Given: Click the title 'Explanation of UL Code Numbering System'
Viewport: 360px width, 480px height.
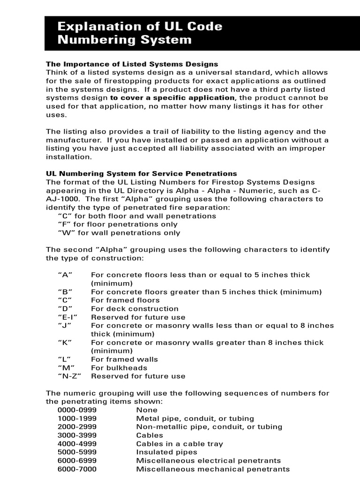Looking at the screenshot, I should pos(140,33).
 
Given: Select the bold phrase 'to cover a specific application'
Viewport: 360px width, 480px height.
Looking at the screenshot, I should pos(172,98).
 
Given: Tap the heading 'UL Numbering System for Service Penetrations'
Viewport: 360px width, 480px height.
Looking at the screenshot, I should pos(141,174).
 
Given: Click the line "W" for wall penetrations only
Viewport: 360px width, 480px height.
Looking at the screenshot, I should pos(119,233).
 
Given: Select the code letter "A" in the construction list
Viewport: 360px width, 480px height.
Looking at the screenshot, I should pos(65,275).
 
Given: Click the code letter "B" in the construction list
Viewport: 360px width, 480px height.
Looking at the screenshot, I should pos(65,292).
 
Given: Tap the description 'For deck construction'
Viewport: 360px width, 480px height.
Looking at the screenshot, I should pos(135,309).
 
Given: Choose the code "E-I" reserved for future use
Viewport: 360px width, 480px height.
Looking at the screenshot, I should pos(67,317).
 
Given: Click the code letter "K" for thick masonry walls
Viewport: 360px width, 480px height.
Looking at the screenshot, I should pos(65,343).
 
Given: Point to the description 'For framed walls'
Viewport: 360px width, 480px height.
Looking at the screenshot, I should pos(124,360).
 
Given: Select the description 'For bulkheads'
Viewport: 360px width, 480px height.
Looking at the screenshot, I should pos(117,368).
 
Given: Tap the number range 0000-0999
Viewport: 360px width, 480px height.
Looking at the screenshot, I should pos(77,410).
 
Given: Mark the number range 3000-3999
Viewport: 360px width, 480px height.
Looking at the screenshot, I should pos(77,435).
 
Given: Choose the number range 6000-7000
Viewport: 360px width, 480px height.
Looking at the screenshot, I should pos(77,469).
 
